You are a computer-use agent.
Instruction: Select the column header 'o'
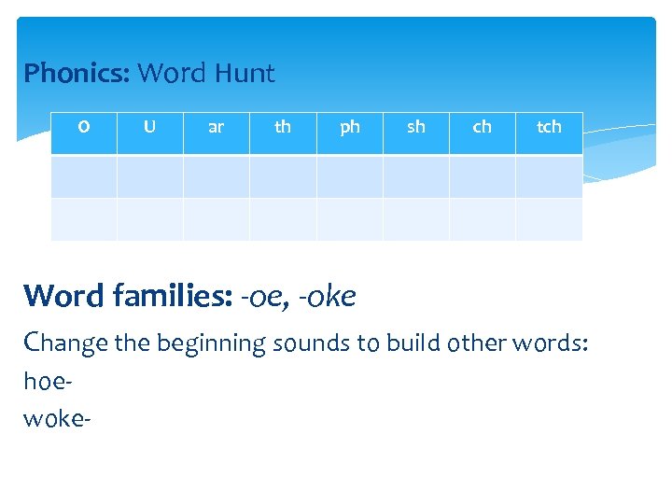(x=84, y=127)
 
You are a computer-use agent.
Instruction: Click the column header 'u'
(x=149, y=127)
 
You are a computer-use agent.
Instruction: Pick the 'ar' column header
(x=216, y=127)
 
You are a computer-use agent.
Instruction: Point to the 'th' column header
(x=283, y=127)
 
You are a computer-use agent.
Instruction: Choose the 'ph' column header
(x=350, y=127)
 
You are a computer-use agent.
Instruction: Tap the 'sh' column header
(x=416, y=127)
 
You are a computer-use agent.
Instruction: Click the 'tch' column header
(x=549, y=127)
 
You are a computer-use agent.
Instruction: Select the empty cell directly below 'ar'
(x=216, y=175)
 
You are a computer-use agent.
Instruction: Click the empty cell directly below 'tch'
(x=549, y=175)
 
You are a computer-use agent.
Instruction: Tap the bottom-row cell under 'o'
(x=84, y=219)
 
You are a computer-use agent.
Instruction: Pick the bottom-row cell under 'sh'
(x=416, y=219)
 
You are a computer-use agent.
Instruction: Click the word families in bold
(x=173, y=296)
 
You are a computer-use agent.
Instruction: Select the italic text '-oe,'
(x=265, y=296)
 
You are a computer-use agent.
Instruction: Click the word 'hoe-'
(x=47, y=380)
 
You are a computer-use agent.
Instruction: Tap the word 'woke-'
(x=57, y=417)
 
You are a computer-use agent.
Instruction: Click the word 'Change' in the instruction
(x=66, y=343)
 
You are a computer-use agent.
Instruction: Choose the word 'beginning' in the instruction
(x=211, y=343)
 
